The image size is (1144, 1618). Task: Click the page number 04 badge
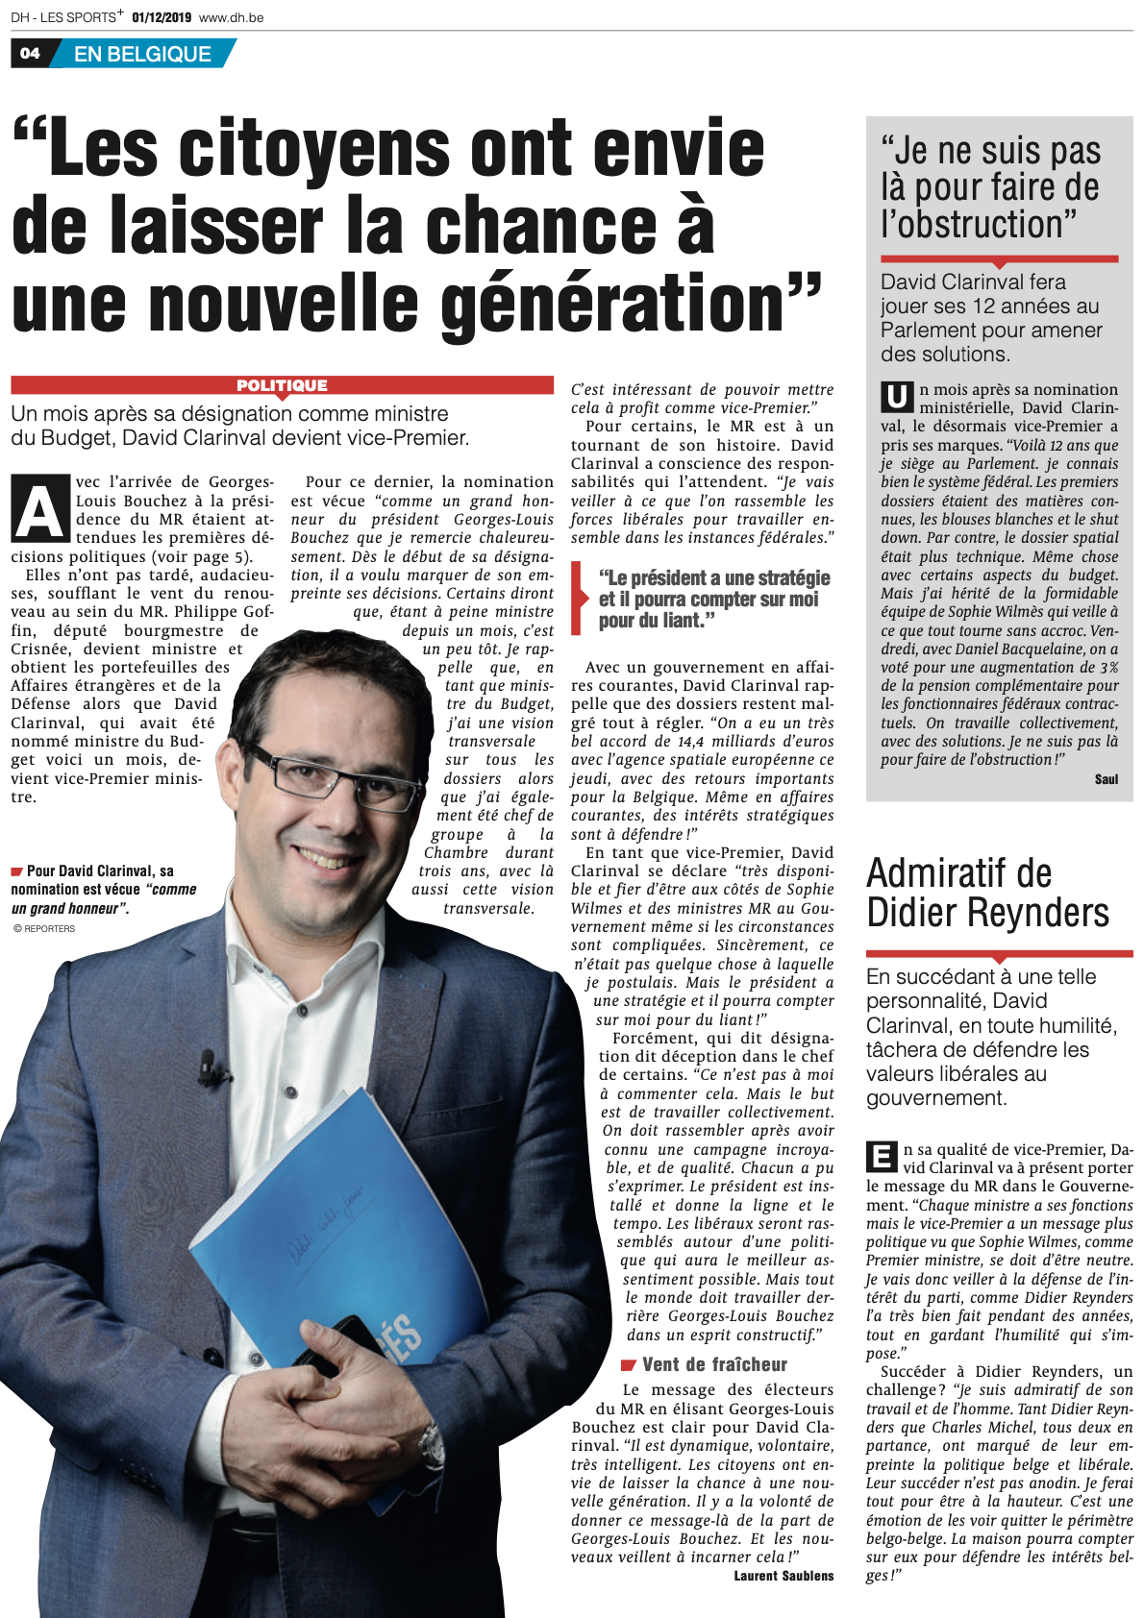tap(30, 54)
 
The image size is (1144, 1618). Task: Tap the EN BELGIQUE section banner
tap(142, 54)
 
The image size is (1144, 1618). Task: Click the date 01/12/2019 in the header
tap(162, 17)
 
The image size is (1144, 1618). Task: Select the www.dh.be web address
tap(232, 17)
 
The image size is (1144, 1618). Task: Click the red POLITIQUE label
tap(282, 385)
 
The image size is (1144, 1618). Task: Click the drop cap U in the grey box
tap(897, 396)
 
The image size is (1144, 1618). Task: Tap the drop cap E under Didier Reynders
tap(882, 1156)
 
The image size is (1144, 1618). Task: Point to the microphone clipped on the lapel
tap(206, 1062)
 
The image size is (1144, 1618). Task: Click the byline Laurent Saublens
tap(783, 1576)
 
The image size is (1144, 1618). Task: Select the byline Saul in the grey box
tap(1107, 779)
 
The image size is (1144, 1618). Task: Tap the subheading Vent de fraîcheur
tap(714, 1364)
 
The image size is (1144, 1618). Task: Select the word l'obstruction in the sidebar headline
tap(979, 225)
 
